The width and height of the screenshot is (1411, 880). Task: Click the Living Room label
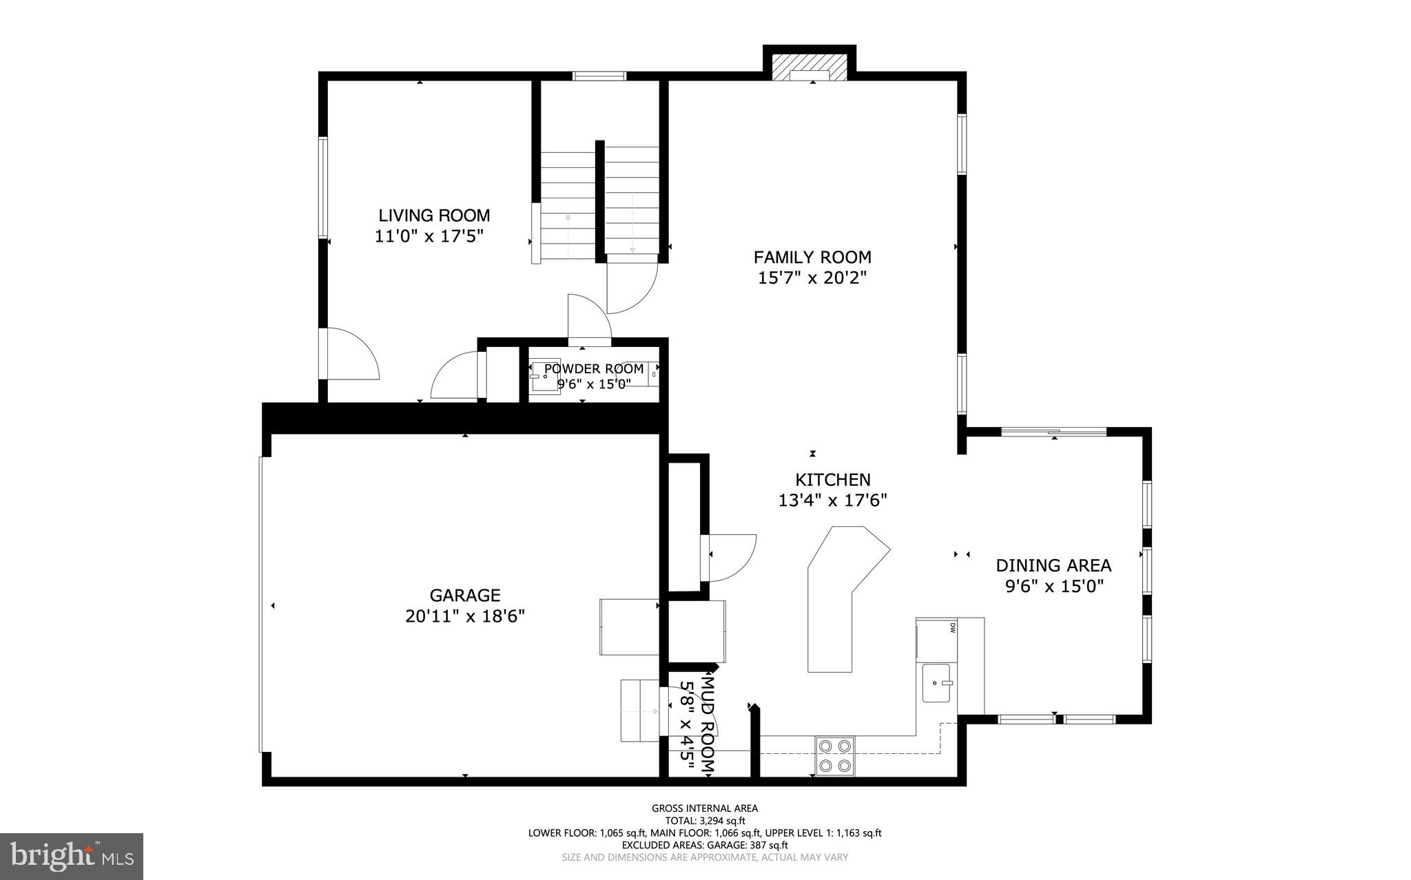pyautogui.click(x=434, y=216)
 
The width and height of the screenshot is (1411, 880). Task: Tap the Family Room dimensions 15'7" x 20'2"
pyautogui.click(x=812, y=278)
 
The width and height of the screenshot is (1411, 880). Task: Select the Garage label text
pyautogui.click(x=465, y=595)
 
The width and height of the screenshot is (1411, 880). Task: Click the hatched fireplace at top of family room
pyautogui.click(x=810, y=67)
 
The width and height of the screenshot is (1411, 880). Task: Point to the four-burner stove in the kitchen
pyautogui.click(x=835, y=755)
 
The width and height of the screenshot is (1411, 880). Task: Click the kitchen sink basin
pyautogui.click(x=936, y=682)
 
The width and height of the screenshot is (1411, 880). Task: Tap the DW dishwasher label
pyautogui.click(x=953, y=627)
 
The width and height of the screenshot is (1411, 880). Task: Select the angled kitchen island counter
pyautogui.click(x=841, y=592)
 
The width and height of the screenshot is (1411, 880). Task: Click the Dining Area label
pyautogui.click(x=1053, y=566)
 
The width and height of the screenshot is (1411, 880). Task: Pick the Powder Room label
pyautogui.click(x=594, y=369)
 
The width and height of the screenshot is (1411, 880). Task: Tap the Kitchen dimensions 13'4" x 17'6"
pyautogui.click(x=832, y=501)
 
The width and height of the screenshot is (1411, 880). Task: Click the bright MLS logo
pyautogui.click(x=72, y=856)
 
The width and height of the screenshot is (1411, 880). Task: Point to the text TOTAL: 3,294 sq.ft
pyautogui.click(x=705, y=821)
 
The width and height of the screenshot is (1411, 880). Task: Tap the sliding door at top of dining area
pyautogui.click(x=1053, y=432)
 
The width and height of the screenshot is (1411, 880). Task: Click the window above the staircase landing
pyautogui.click(x=599, y=76)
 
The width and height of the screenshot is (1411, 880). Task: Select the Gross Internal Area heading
pyautogui.click(x=705, y=808)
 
